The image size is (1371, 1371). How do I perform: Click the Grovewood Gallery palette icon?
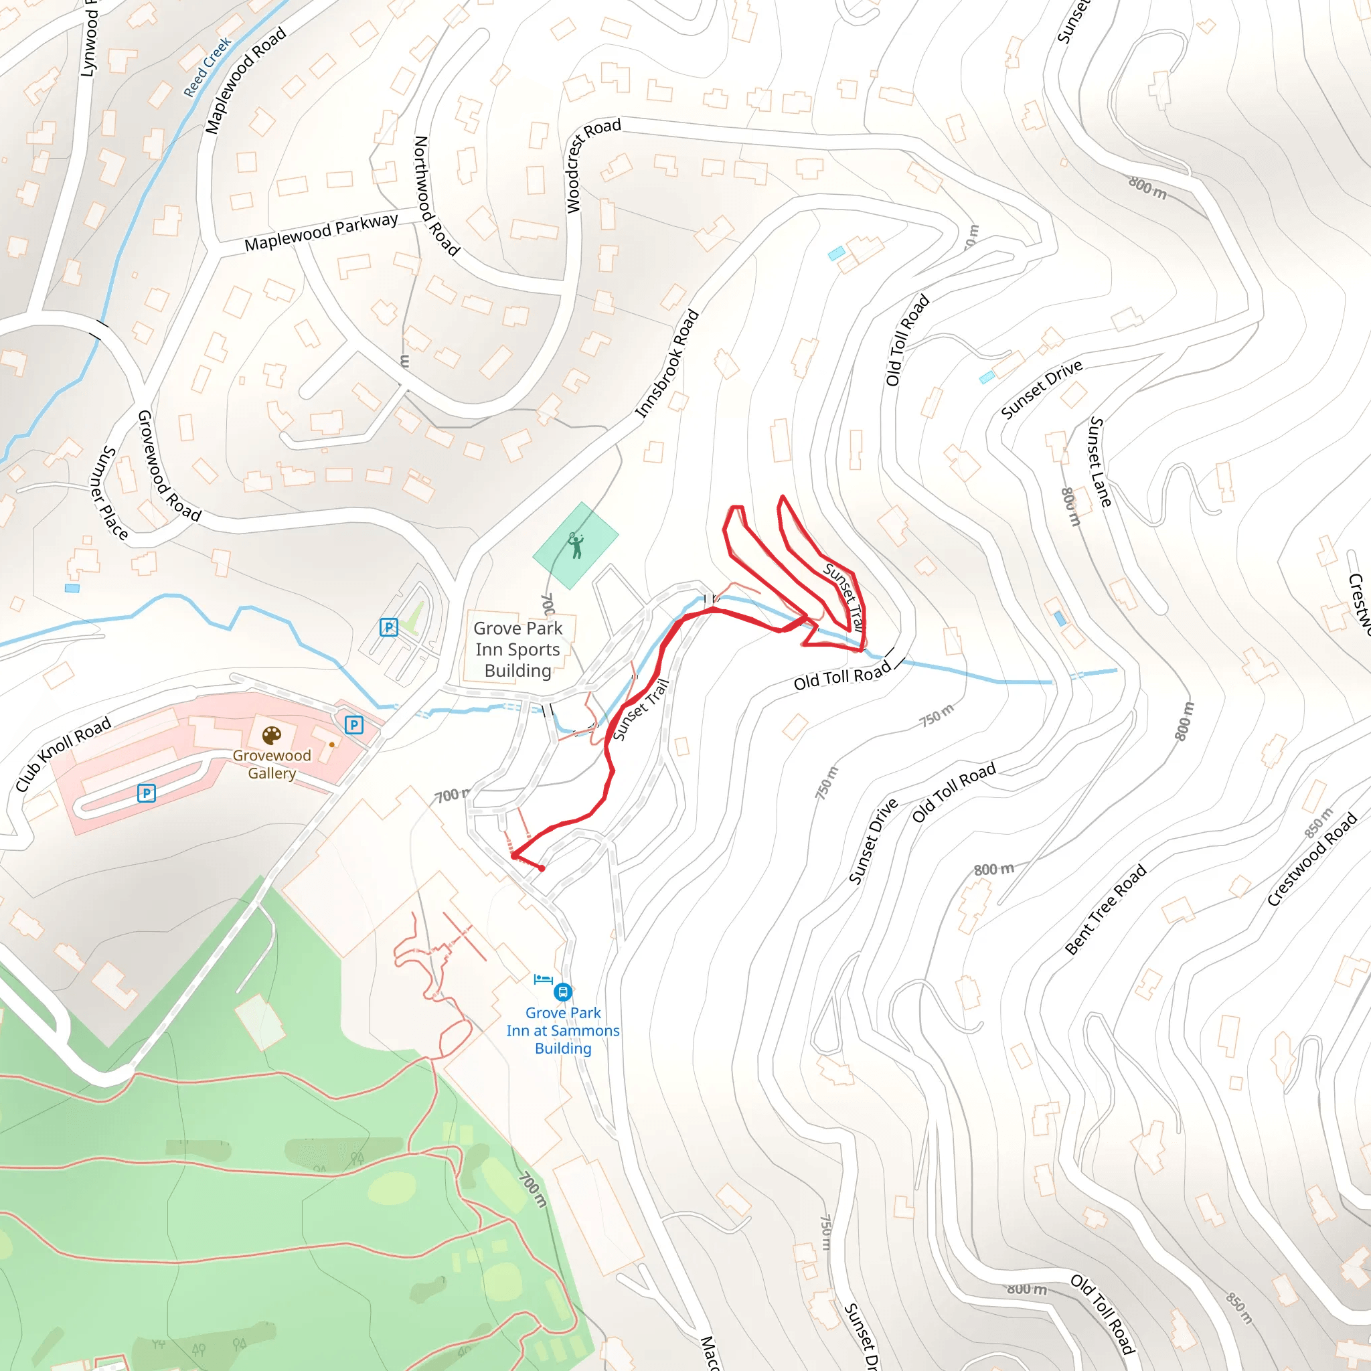click(272, 735)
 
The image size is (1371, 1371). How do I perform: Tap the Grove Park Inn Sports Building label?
click(517, 649)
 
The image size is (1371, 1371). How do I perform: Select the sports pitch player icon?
click(576, 546)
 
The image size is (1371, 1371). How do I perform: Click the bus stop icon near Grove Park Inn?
click(563, 991)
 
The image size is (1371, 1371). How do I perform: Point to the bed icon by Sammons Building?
click(543, 979)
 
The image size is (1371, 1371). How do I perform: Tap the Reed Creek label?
click(208, 67)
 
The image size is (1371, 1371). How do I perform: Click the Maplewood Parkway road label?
click(321, 233)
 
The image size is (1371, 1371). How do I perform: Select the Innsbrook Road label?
click(666, 364)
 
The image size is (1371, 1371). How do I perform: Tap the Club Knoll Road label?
click(63, 754)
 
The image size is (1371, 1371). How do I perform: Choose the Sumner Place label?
click(110, 493)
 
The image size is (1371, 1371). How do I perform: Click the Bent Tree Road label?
click(1106, 908)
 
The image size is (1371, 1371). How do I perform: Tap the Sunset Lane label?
click(1100, 462)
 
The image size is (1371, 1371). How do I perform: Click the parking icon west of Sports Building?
click(389, 627)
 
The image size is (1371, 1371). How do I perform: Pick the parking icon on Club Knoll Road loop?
click(146, 793)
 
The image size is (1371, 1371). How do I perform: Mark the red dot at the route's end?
click(542, 868)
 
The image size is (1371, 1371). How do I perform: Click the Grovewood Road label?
click(167, 465)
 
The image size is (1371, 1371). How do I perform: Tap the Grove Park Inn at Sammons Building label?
click(563, 1030)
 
